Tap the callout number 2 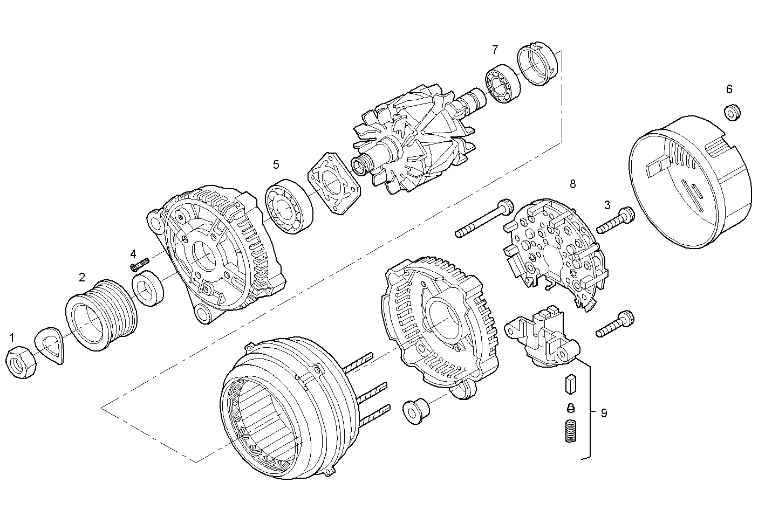pos(82,278)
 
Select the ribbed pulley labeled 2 pos(101,316)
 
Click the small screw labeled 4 pos(139,264)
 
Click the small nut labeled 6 pos(732,112)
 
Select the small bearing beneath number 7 pos(503,84)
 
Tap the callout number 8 pos(572,184)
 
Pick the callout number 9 pos(604,413)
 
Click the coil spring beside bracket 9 pos(570,431)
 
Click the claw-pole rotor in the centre pos(414,143)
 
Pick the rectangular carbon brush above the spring pos(571,384)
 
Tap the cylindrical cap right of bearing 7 pos(537,64)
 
